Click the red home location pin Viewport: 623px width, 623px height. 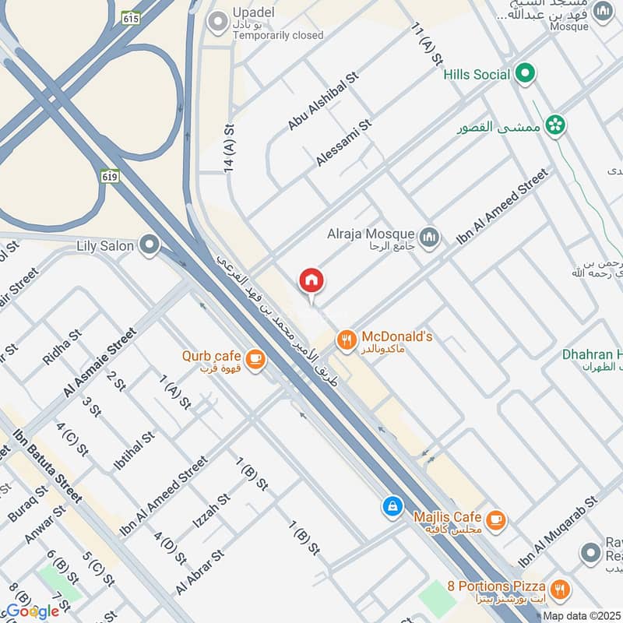311,281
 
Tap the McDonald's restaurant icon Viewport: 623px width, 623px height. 346,340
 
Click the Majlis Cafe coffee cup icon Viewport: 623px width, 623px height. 495,519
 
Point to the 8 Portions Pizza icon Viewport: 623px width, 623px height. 558,588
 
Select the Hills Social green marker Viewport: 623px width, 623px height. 526,74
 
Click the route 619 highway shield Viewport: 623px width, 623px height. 110,177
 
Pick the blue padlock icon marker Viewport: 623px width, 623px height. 392,506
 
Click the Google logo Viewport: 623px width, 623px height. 33,611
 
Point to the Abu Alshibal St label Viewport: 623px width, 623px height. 322,101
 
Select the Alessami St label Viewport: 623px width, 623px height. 344,143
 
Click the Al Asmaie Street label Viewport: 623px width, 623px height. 100,363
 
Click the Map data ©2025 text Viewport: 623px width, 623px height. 580,615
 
